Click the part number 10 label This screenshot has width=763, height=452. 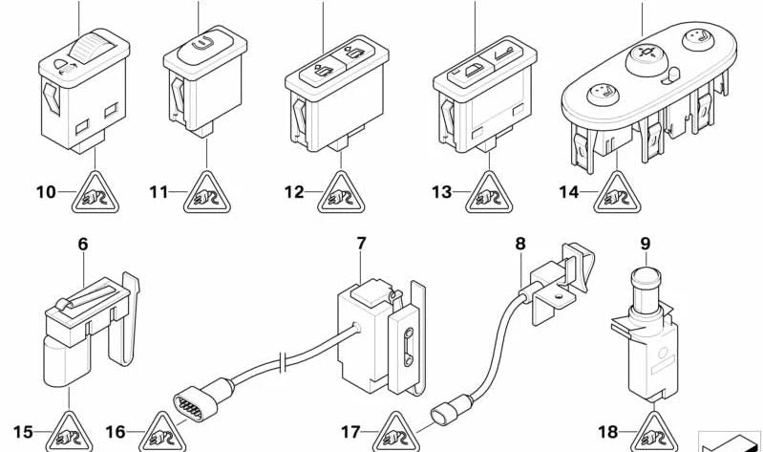[x=46, y=192]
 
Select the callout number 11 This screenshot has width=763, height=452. [x=159, y=192]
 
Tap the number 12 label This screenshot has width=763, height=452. [x=295, y=192]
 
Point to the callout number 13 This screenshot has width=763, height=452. [x=440, y=192]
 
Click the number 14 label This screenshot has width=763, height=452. [x=569, y=192]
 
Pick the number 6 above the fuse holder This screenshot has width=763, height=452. [x=82, y=245]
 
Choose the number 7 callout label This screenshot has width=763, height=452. [x=361, y=244]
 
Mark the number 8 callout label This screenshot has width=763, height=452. [x=520, y=244]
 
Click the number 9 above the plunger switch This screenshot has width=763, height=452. [x=645, y=244]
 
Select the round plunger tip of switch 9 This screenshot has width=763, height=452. [x=645, y=278]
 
